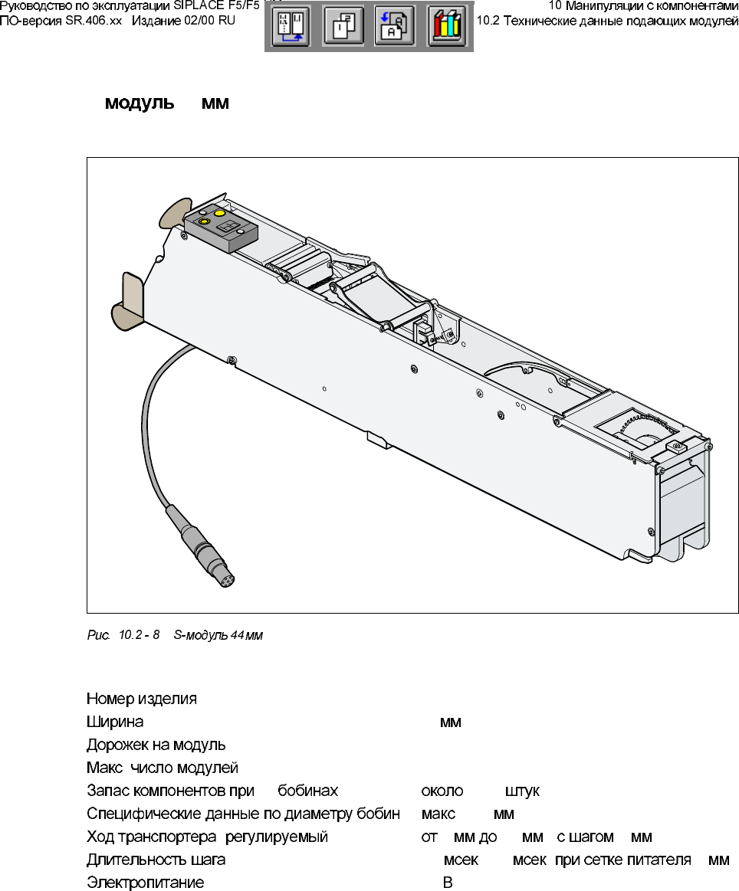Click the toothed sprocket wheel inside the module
pyautogui.click(x=642, y=434)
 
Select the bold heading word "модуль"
pyautogui.click(x=140, y=103)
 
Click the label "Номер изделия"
pyautogui.click(x=142, y=699)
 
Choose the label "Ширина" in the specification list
pyautogui.click(x=115, y=722)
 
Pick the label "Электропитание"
pyautogui.click(x=146, y=883)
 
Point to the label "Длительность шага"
pyautogui.click(x=156, y=860)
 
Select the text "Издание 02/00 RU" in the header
pyautogui.click(x=184, y=21)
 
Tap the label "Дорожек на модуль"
pyautogui.click(x=156, y=745)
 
